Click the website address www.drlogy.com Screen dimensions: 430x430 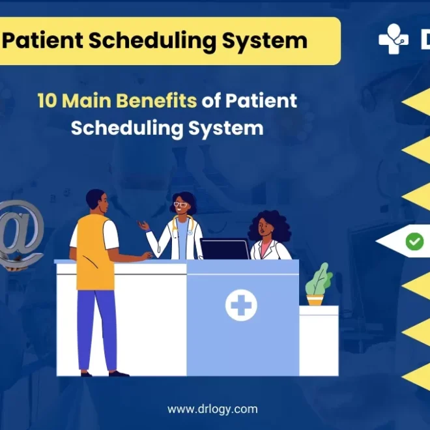(x=212, y=409)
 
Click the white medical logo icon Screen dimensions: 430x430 (x=394, y=40)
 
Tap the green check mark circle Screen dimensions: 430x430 (x=414, y=242)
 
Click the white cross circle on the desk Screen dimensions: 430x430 (x=241, y=305)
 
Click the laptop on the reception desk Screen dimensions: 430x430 (x=224, y=249)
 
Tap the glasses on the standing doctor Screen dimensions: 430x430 (x=180, y=205)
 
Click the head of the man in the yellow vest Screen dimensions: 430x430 (x=96, y=200)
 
